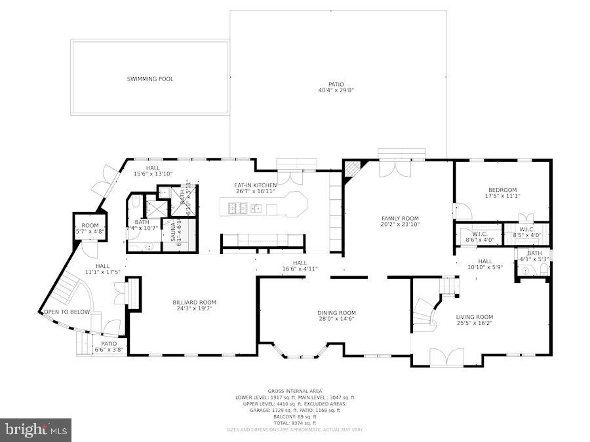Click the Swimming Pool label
pyautogui.click(x=150, y=79)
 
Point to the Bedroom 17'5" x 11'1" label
pyautogui.click(x=502, y=193)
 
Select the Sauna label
pyautogui.click(x=173, y=231)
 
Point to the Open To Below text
pyautogui.click(x=66, y=312)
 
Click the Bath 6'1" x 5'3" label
pyautogui.click(x=535, y=256)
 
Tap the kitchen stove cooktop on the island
pyautogui.click(x=237, y=209)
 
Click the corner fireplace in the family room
pyautogui.click(x=352, y=170)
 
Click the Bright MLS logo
pyautogui.click(x=36, y=430)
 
